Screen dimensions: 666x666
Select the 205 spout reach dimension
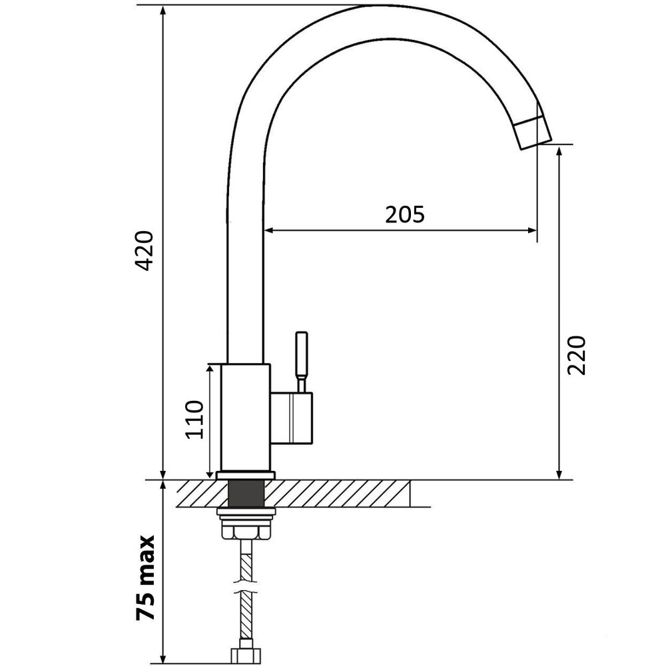404,214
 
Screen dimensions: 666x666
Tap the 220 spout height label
576,355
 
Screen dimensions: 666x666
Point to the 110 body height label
195,419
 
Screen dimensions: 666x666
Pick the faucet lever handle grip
301,354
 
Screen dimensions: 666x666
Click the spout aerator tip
533,133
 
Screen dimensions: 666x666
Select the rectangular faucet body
246,418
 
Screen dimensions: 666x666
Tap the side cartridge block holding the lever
292,418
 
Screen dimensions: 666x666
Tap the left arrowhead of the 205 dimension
268,230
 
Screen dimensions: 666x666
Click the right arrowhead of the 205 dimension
532,230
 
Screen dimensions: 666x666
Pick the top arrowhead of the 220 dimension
559,151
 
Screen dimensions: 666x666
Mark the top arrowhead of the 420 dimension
163,11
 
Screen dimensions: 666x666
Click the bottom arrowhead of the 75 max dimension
163,658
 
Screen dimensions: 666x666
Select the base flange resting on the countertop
246,476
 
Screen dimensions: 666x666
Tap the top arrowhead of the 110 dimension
210,370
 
